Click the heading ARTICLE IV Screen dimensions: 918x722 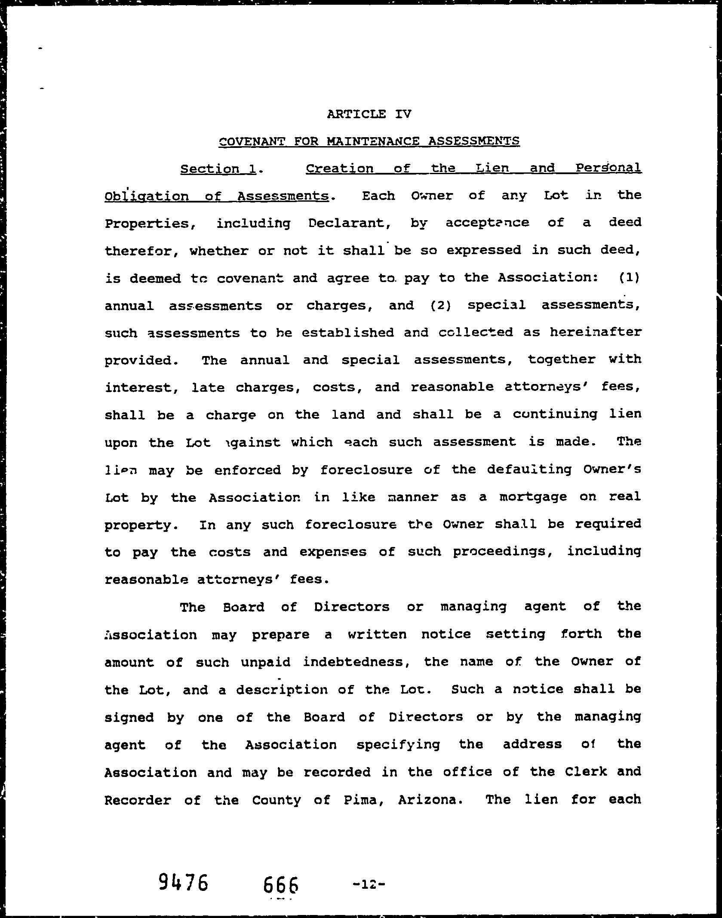pyautogui.click(x=369, y=114)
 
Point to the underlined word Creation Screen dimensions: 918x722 pyautogui.click(x=340, y=168)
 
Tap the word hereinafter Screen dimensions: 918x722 pyautogui.click(x=596, y=332)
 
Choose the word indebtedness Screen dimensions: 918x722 pyautogui.click(x=356, y=662)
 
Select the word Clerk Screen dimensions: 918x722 pyautogui.click(x=586, y=772)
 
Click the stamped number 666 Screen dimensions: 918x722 pyautogui.click(x=281, y=861)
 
